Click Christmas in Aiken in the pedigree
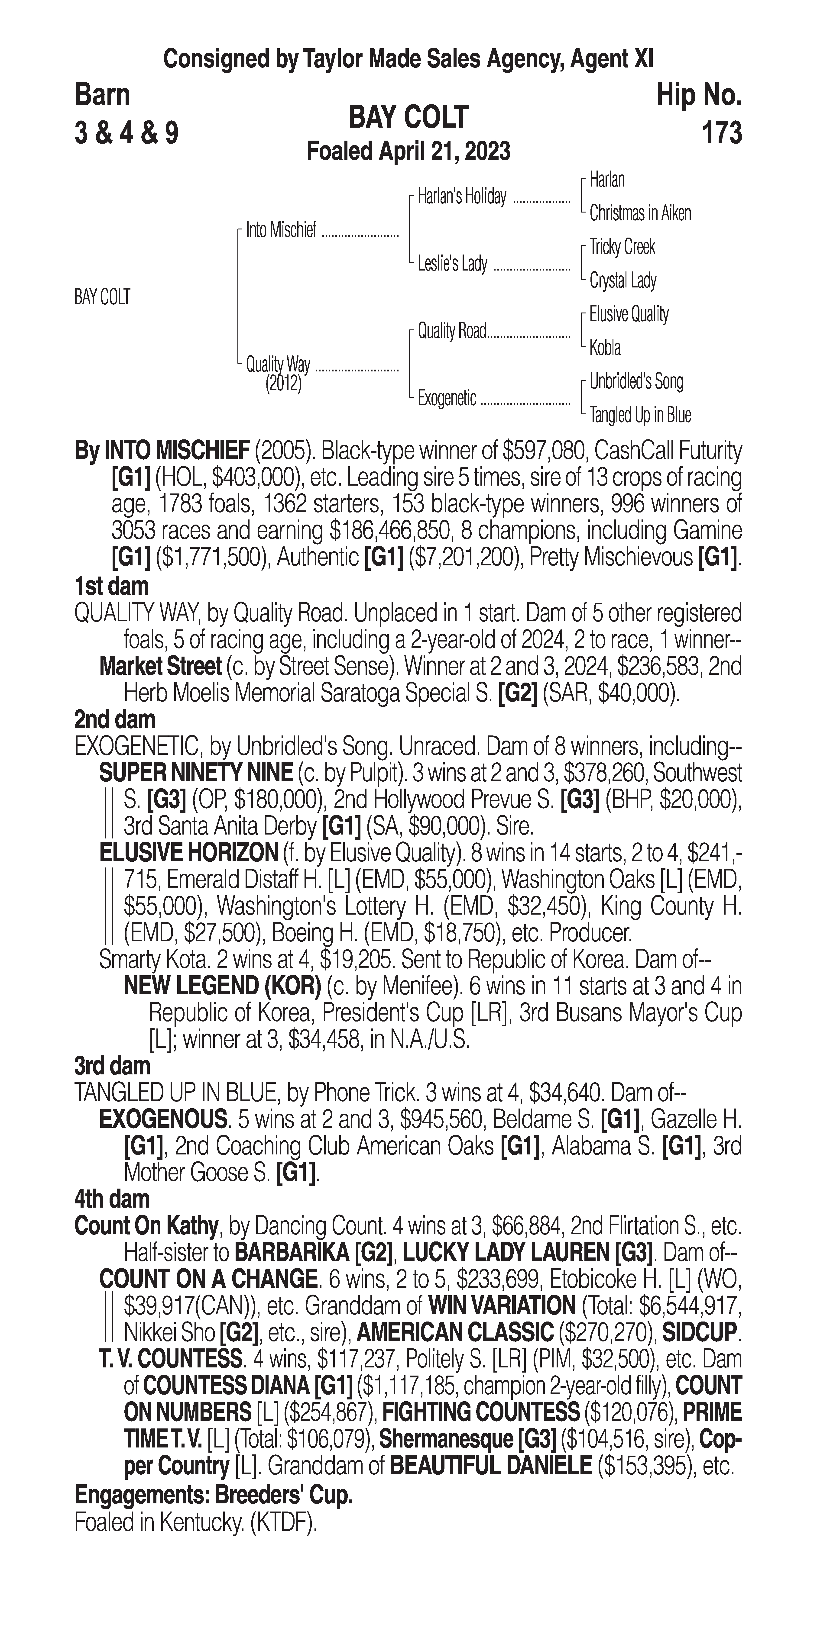pos(640,213)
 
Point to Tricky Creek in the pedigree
pos(622,247)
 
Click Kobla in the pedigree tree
pos(605,348)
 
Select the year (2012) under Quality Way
pos(283,384)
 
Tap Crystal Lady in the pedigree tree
pos(622,280)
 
